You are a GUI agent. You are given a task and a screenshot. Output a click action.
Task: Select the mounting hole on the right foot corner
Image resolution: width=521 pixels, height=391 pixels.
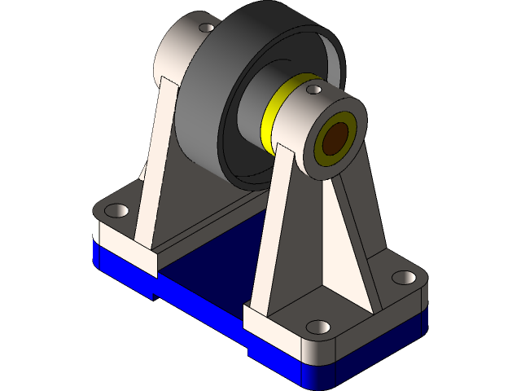pos(403,277)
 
